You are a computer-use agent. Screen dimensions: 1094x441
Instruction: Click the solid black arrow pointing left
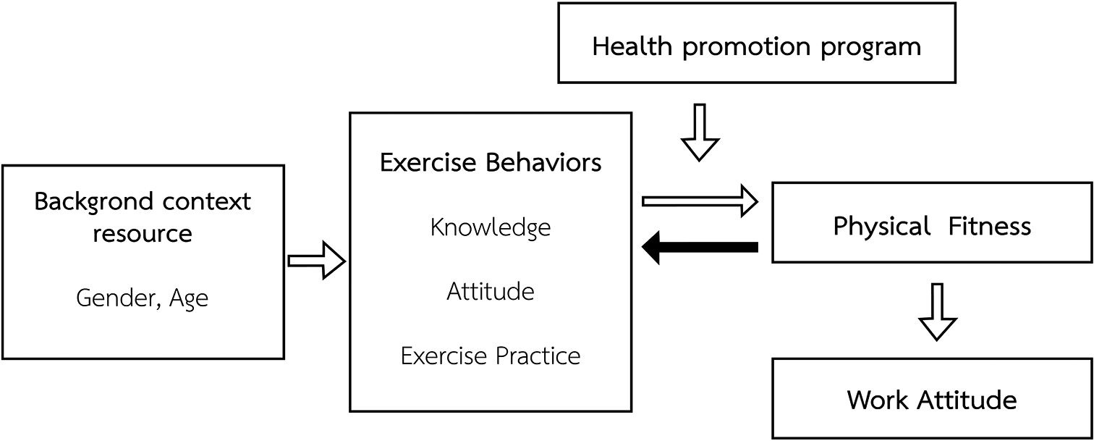pos(700,248)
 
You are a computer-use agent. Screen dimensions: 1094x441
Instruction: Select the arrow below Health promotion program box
pos(700,133)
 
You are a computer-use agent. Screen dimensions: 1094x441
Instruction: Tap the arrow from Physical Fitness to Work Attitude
pos(937,312)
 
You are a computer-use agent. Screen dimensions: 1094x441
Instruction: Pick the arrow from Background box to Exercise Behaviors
pos(317,261)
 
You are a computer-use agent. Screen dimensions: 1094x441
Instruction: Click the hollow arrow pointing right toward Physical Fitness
pos(700,201)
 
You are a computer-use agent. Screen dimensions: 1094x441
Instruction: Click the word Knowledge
pos(491,228)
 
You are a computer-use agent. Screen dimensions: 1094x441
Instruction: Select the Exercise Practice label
pos(491,356)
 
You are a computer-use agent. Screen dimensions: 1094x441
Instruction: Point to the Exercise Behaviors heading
pos(491,163)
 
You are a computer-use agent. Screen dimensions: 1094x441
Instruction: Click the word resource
pos(143,234)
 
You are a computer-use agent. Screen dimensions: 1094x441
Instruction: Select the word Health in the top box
pos(632,47)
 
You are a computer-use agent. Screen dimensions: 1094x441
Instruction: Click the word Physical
pos(881,227)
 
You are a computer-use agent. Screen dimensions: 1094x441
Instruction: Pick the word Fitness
pos(990,227)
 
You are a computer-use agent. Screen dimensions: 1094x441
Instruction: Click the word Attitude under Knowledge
pos(491,292)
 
